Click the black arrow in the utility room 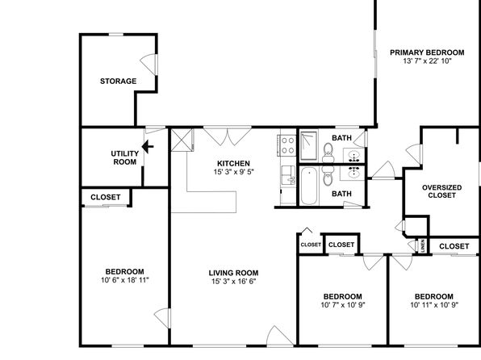148,147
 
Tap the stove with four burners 288,145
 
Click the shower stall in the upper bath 308,146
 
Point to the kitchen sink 288,175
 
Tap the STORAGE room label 118,82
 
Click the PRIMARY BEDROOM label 427,52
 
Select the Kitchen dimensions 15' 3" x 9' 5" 234,172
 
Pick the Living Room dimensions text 233,281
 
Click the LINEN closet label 423,246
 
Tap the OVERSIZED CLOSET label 441,191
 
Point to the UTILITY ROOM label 124,157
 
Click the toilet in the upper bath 328,153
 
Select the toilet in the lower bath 328,175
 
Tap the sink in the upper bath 354,156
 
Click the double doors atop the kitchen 228,136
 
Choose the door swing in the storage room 149,64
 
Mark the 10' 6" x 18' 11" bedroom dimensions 124,280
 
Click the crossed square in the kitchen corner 182,140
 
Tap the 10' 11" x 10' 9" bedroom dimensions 434,305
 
